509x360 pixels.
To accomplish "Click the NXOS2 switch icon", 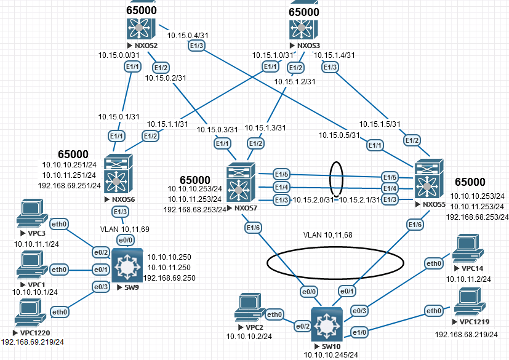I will (142, 27).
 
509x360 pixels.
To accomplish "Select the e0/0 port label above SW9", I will (126, 240).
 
